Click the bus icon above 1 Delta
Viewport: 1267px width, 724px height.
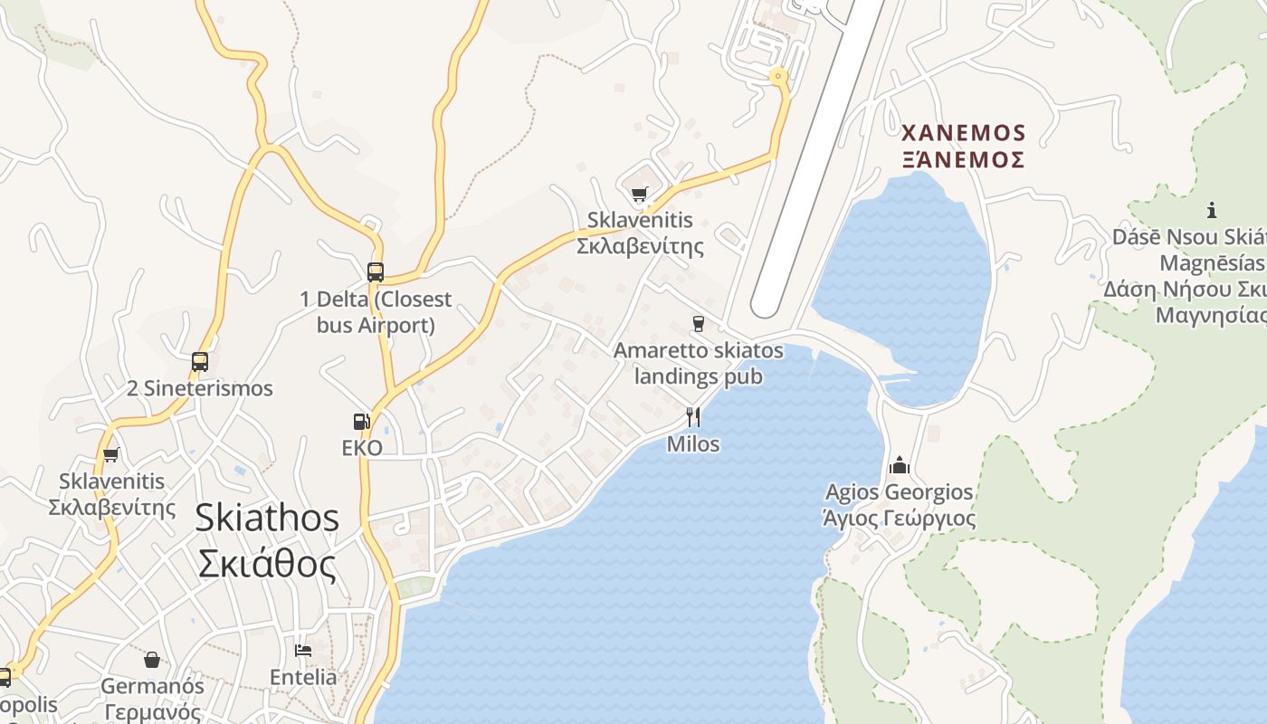coord(375,271)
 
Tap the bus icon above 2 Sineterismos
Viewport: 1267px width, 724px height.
coord(200,362)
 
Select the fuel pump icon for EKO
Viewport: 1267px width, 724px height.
coord(362,422)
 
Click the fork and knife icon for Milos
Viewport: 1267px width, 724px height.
coord(693,416)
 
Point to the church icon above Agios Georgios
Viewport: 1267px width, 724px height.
coord(899,465)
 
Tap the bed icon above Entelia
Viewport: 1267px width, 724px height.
coord(303,651)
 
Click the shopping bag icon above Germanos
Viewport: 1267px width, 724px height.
coord(152,660)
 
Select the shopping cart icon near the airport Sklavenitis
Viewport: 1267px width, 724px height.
coord(640,193)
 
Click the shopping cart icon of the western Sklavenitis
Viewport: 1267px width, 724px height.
coord(111,454)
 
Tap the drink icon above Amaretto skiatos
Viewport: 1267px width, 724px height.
coord(698,323)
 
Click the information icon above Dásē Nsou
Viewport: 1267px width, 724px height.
coord(1212,211)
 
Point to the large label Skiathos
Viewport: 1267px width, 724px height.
coord(268,519)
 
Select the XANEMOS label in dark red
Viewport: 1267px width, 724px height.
coord(964,134)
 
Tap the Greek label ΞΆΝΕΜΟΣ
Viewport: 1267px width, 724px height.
coord(964,160)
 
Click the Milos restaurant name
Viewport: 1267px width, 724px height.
coord(693,444)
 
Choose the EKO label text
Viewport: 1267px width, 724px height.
coord(362,448)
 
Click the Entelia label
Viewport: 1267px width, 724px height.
coord(303,677)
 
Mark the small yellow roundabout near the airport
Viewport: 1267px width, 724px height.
coord(777,77)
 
